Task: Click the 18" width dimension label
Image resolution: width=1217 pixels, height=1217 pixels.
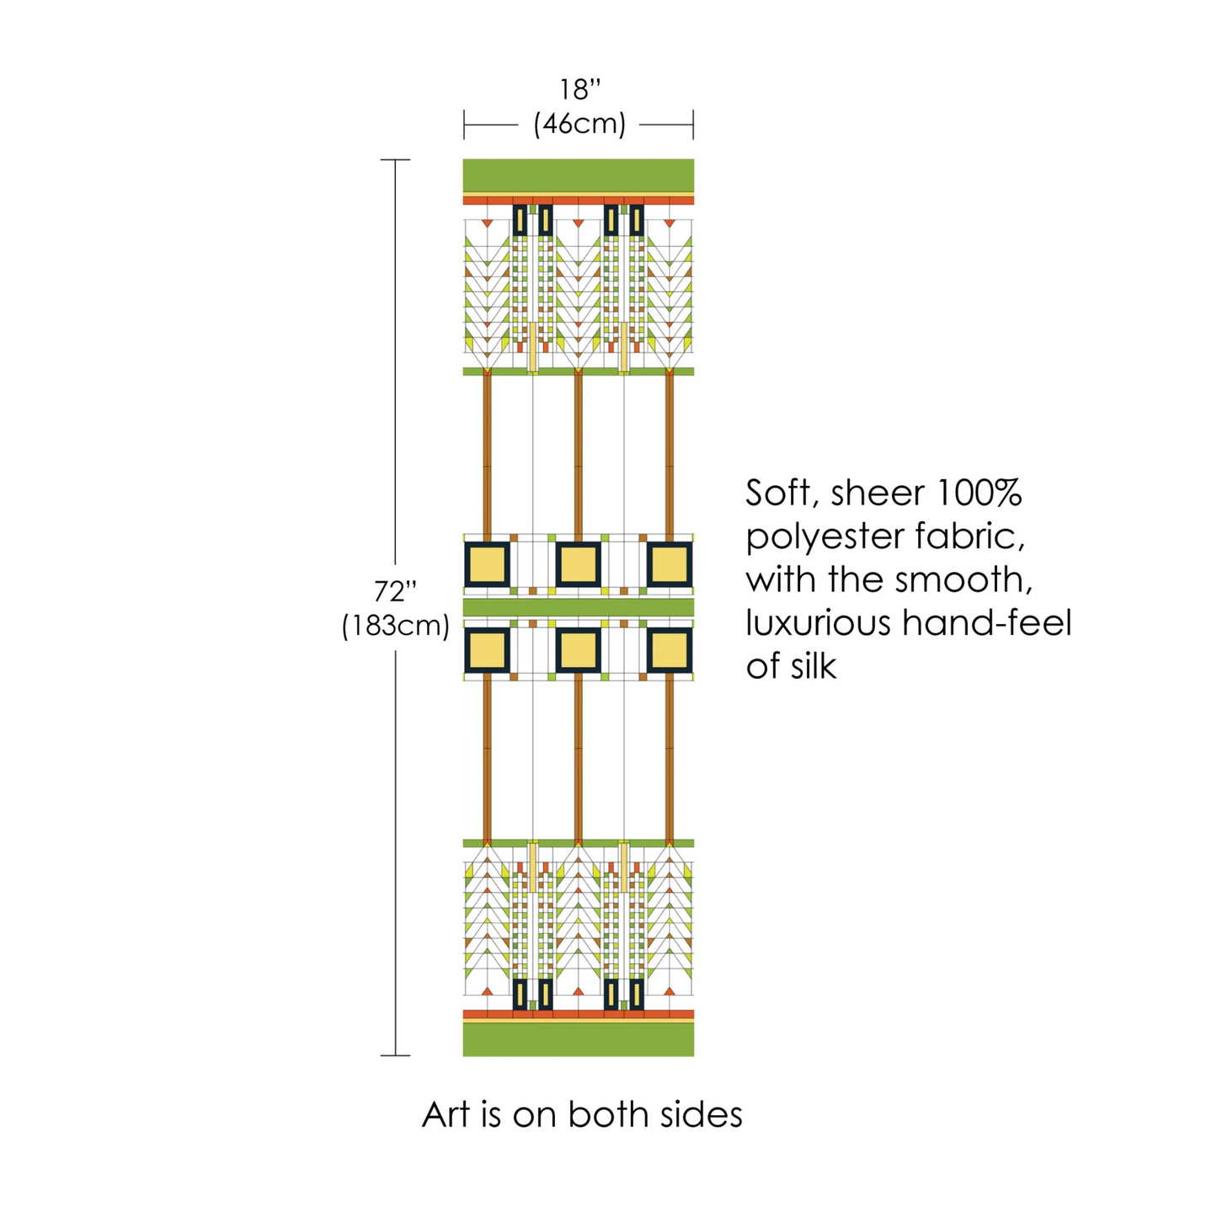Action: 580,90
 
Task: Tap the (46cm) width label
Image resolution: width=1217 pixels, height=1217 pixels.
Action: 579,125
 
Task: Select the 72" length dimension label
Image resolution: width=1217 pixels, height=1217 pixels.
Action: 395,591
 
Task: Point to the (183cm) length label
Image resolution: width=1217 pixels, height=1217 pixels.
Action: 395,627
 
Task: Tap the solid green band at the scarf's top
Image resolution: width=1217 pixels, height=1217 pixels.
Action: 579,175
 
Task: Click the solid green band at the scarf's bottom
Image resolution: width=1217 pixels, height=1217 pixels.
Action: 579,1038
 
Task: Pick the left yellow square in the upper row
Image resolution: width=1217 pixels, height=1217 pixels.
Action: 488,564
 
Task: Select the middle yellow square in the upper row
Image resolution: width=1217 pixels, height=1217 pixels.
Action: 579,564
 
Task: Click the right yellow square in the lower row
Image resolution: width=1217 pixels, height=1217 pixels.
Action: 670,651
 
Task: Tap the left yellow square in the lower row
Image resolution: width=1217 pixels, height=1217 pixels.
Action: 488,651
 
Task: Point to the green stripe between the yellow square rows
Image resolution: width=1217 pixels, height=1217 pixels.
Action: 579,607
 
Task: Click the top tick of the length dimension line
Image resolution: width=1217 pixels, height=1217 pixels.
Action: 395,159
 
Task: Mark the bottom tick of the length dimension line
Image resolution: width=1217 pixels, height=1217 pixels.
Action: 395,1055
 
